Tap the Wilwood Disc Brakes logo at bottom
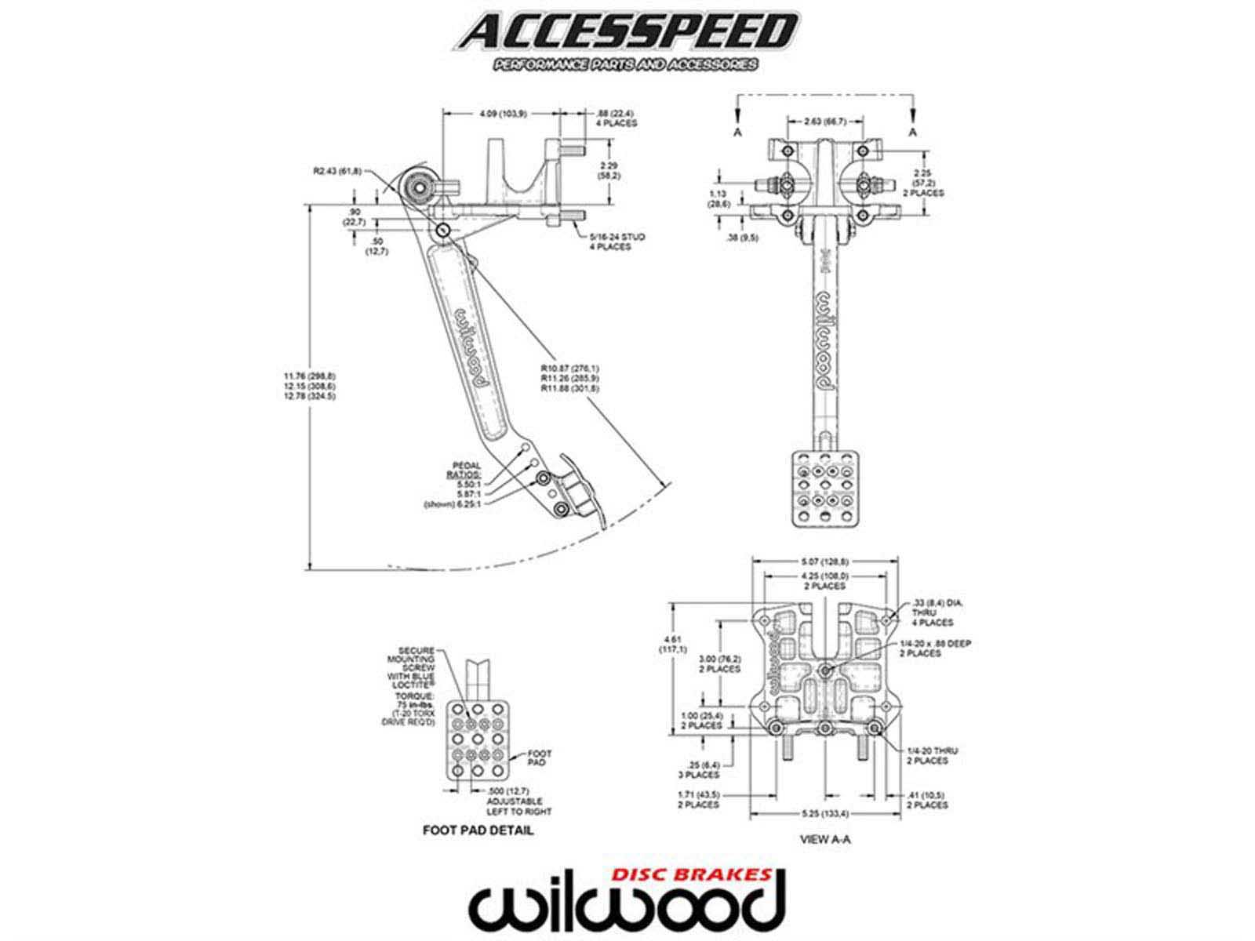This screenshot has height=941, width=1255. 627,903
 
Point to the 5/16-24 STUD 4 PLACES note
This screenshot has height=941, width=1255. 611,241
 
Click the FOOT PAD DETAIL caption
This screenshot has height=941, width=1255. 478,830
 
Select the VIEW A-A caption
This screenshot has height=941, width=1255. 825,838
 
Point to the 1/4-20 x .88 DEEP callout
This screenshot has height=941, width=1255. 936,648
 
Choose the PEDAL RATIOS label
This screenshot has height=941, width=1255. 465,470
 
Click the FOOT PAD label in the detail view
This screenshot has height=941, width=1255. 540,758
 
